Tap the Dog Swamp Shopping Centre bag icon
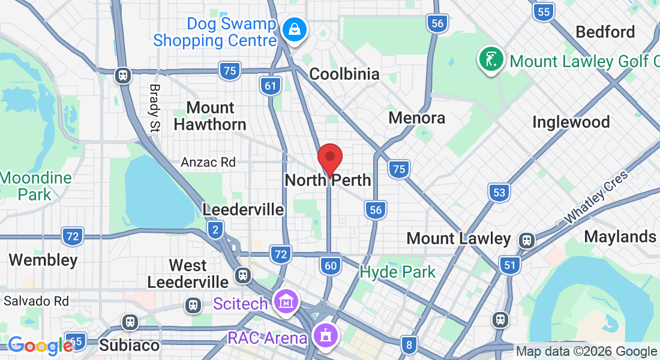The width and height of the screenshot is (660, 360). (x=295, y=28)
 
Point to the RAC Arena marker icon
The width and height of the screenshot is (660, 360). (x=326, y=335)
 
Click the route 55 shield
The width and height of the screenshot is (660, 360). (x=544, y=11)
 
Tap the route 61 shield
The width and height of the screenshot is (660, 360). (x=271, y=86)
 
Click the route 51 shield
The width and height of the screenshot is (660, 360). (x=510, y=264)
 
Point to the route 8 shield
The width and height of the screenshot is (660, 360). (x=409, y=344)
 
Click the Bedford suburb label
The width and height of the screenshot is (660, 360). (x=605, y=32)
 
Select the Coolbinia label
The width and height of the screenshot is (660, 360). (x=344, y=74)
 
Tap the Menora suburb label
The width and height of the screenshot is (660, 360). (x=416, y=118)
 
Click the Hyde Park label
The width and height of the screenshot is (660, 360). (x=398, y=272)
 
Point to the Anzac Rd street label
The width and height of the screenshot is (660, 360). (x=208, y=162)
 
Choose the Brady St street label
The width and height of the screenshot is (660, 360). (x=155, y=107)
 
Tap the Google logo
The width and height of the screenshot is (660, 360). (x=40, y=346)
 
